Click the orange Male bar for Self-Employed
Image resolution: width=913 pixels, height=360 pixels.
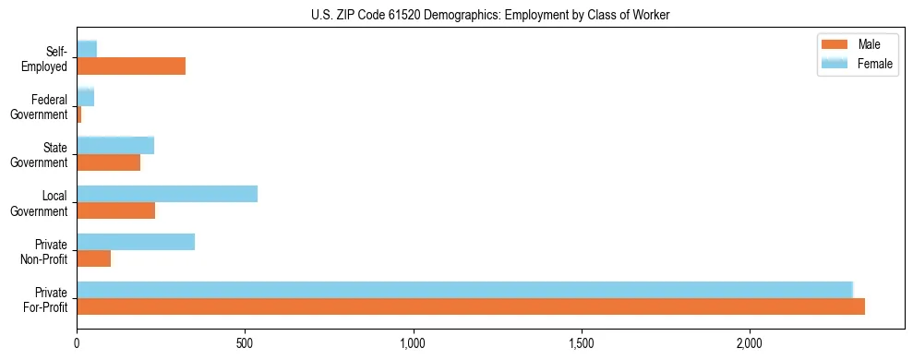131,66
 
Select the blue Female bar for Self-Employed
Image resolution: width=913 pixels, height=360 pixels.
87,49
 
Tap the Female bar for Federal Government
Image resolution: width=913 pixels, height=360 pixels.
85,97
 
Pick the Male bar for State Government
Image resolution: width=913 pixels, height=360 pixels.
108,162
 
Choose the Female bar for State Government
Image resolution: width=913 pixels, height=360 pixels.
115,145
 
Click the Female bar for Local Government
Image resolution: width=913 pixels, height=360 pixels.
167,193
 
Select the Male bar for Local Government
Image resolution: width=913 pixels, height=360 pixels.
115,210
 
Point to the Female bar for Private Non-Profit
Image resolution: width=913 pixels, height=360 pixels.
136,242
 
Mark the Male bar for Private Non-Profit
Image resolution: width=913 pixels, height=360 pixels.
93,258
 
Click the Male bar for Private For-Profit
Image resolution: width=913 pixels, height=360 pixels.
471,306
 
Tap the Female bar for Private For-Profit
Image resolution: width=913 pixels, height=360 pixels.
464,290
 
